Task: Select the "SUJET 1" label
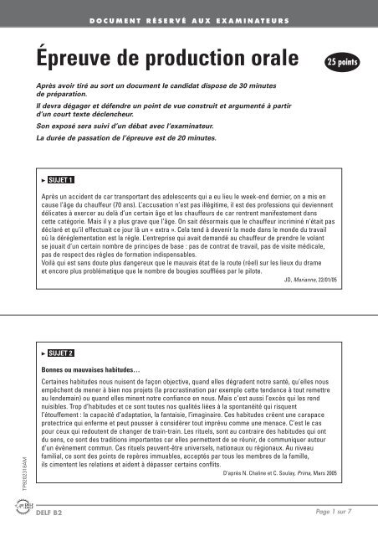(x=60, y=179)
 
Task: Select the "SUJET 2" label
(x=60, y=354)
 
